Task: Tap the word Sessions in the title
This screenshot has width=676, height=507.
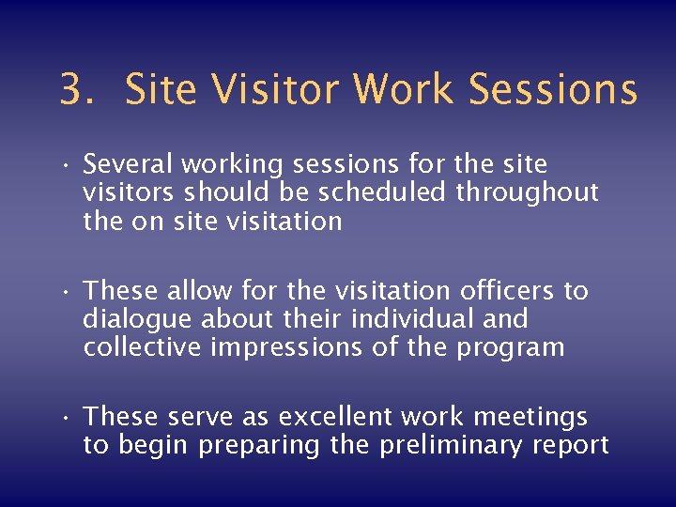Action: (x=553, y=90)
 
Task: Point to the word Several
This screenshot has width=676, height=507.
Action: (x=129, y=165)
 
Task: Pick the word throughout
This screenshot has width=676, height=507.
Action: (x=528, y=192)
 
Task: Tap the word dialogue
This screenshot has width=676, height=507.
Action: (x=131, y=320)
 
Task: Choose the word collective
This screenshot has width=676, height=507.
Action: (x=141, y=347)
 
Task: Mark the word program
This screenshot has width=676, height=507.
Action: (x=511, y=348)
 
